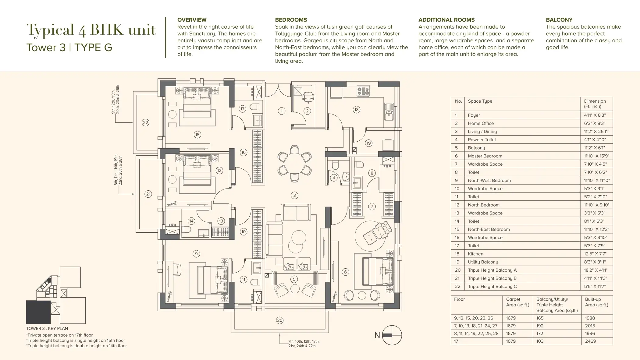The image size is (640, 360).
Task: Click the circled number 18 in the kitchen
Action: pos(356,110)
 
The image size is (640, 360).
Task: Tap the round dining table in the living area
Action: pos(294,164)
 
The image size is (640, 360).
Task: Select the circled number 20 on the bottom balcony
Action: pos(280,320)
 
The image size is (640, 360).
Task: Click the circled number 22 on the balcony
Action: pos(146,123)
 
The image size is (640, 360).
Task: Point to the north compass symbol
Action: pos(392,335)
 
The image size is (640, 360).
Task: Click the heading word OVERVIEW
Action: pos(192,20)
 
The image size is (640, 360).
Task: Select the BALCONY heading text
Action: pos(559,20)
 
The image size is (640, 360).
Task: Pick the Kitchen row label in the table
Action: pos(475,254)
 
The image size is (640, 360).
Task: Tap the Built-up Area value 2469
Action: pos(590,341)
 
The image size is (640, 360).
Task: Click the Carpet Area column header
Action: pos(517,302)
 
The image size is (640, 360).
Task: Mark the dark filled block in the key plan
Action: pos(38,312)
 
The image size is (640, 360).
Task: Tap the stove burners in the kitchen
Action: pos(363,91)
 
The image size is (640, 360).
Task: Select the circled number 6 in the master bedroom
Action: pos(345,272)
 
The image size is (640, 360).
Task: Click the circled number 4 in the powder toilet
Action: pos(334,178)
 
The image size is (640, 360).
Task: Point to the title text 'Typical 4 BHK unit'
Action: pos(91,30)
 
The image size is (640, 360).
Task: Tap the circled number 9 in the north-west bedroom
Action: pos(196,254)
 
